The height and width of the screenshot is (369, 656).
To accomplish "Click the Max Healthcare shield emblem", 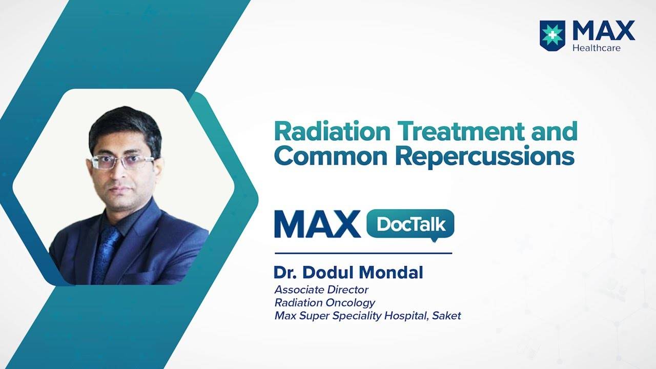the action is (x=552, y=36).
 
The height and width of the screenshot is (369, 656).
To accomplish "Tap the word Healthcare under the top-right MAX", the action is (x=597, y=48).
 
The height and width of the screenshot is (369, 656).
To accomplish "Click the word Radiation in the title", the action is (x=333, y=132).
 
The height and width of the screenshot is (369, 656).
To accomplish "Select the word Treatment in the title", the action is (x=461, y=132).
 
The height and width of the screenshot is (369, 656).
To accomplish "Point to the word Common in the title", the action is (x=331, y=157).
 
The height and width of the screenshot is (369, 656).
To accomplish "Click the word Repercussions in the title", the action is (x=485, y=157).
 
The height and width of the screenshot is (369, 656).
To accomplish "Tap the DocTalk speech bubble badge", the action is (x=411, y=224).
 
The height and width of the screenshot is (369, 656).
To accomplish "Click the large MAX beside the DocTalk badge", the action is (x=317, y=224).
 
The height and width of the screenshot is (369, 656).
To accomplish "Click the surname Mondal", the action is (x=391, y=272).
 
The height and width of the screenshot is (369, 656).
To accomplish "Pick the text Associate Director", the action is (x=321, y=290).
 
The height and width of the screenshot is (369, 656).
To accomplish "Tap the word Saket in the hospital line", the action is (x=446, y=316).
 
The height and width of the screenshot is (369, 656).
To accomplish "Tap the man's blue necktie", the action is (x=106, y=255).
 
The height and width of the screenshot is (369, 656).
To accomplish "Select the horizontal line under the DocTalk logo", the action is (x=363, y=253).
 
